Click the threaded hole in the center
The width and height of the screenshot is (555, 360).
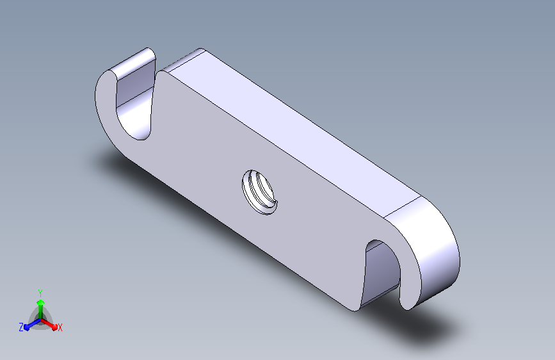pos(259,192)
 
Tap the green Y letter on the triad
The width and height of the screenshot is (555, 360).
pos(40,293)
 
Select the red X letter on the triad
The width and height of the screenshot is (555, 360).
pos(60,328)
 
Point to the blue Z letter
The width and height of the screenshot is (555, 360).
pos(21,327)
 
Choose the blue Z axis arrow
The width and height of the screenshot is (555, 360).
pos(32,324)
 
